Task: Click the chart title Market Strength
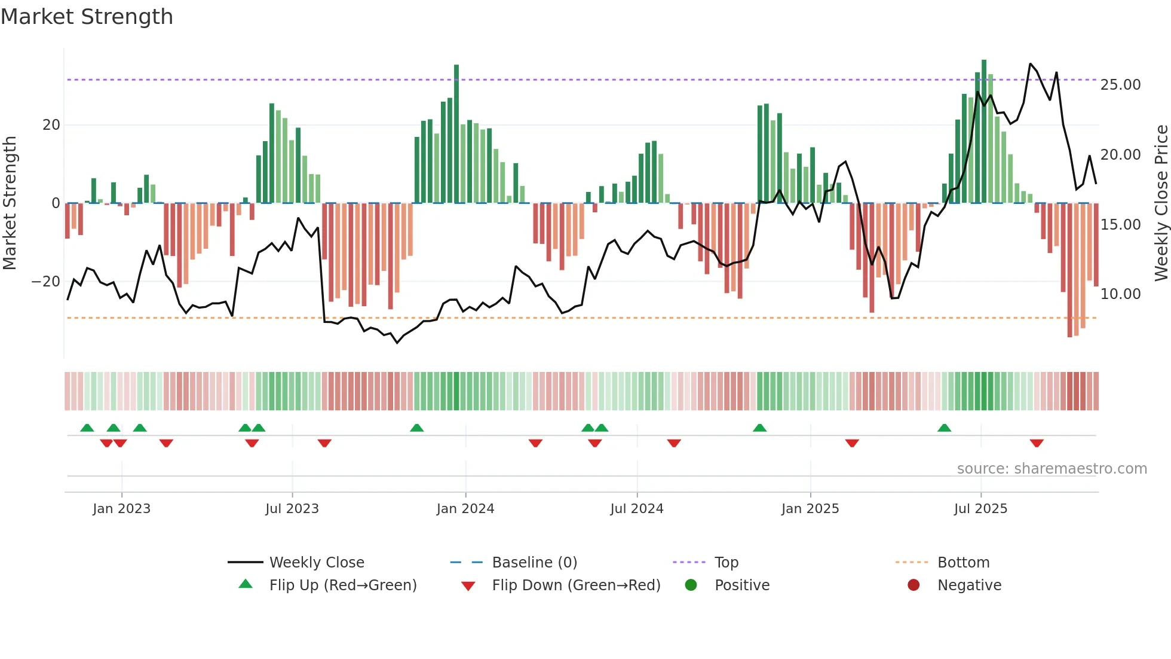point(87,17)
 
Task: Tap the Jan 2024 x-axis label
point(465,509)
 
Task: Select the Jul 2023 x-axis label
point(292,509)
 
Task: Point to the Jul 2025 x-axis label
point(980,509)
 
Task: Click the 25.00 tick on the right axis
point(1120,85)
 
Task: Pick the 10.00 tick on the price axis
point(1120,294)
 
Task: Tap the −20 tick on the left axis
point(46,282)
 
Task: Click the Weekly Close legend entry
point(317,563)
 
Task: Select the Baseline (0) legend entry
point(534,563)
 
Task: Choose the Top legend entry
point(726,563)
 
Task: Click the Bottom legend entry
point(963,563)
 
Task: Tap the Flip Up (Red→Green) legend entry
point(342,585)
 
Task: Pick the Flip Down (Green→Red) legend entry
point(576,585)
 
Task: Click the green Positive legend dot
point(691,585)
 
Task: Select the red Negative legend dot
point(913,585)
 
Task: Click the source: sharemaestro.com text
point(1052,469)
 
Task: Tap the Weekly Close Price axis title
point(1161,203)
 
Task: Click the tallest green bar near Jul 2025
point(984,132)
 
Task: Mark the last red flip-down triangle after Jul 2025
point(1037,443)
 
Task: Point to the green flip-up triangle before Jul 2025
point(944,428)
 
